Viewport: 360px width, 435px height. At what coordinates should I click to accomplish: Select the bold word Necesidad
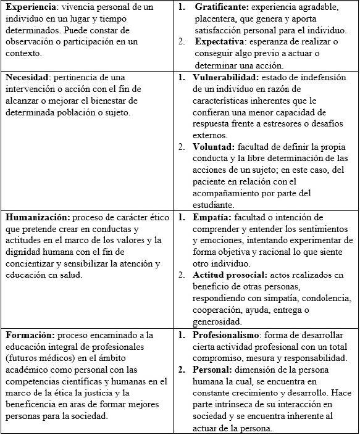coord(28,78)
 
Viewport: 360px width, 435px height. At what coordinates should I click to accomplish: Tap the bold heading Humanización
coord(37,217)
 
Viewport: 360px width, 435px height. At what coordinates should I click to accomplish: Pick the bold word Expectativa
coord(221,43)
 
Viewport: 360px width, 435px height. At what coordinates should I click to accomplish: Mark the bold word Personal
coord(214,369)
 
